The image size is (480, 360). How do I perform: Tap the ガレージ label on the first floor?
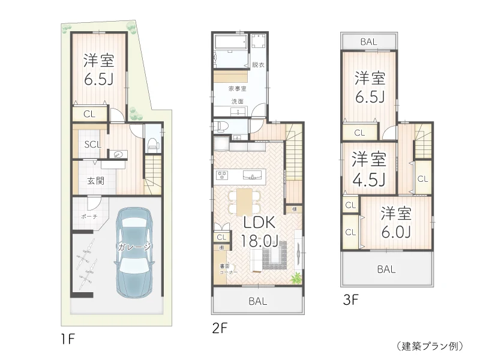point(135,247)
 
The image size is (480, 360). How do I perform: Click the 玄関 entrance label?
point(89,181)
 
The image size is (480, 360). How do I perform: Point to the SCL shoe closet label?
point(92,144)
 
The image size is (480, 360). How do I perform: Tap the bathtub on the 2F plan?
point(230,43)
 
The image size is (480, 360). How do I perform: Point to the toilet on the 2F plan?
point(220,127)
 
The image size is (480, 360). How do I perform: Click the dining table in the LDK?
point(244,201)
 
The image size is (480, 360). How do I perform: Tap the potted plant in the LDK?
point(296,278)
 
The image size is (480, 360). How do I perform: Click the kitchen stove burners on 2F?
point(223,175)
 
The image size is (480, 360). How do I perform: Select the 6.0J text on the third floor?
point(396,231)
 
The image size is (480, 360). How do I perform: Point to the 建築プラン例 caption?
point(430,346)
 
